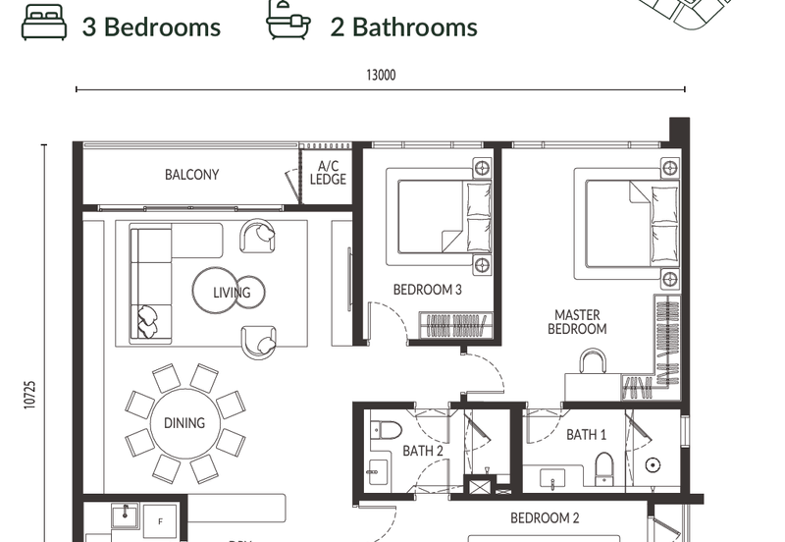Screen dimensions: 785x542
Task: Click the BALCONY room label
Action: tap(191, 175)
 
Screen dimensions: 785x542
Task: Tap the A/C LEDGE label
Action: tap(328, 172)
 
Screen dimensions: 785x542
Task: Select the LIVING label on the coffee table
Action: tap(232, 293)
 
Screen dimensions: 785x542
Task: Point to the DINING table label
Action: tap(184, 423)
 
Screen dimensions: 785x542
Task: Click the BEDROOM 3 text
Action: tap(428, 290)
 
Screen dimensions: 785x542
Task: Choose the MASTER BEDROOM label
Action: tap(577, 322)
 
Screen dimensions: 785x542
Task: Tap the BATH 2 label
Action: tap(423, 451)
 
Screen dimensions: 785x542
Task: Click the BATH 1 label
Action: tap(586, 434)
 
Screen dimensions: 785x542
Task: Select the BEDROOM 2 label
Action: tap(545, 518)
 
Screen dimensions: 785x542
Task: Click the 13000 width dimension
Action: tap(381, 76)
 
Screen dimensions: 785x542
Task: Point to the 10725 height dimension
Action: tap(30, 395)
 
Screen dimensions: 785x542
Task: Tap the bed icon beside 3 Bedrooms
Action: tap(44, 22)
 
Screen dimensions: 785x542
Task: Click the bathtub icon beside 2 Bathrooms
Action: tap(288, 20)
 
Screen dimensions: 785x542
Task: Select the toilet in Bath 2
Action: tap(387, 430)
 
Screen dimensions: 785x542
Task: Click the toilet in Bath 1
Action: tap(603, 469)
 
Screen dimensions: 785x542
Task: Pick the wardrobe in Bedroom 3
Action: tap(455, 325)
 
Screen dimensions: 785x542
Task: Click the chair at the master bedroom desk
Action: tap(593, 361)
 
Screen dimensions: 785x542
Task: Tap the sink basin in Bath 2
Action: tap(379, 472)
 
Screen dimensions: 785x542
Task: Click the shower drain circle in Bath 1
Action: tap(653, 465)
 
